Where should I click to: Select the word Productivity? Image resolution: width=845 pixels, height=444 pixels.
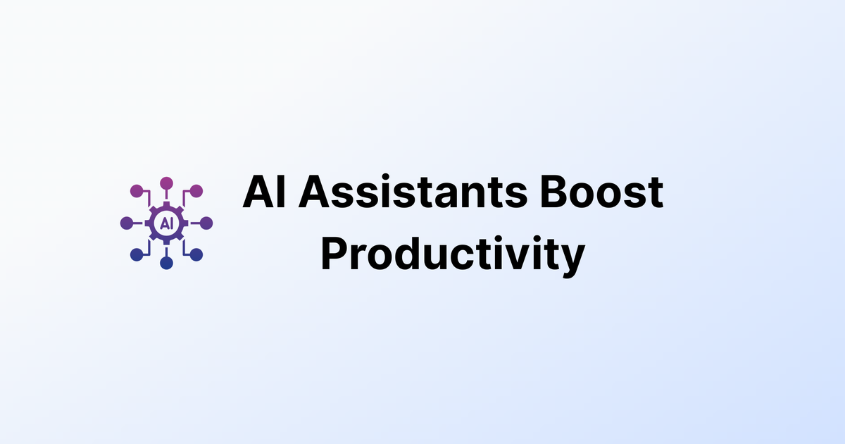click(x=452, y=254)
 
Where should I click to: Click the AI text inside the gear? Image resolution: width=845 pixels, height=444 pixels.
click(x=167, y=223)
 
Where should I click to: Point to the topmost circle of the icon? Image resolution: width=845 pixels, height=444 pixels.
click(x=167, y=183)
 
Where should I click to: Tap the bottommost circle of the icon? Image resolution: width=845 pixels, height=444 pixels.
click(x=167, y=264)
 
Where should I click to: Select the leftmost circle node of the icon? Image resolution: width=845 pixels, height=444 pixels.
click(x=127, y=223)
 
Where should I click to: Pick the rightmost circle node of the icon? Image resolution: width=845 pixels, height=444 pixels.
click(x=207, y=223)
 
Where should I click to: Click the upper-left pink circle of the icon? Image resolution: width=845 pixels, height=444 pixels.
click(x=137, y=190)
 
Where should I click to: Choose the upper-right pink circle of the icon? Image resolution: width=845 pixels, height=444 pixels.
click(x=196, y=190)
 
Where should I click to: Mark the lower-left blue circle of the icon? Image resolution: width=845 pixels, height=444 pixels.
click(x=137, y=255)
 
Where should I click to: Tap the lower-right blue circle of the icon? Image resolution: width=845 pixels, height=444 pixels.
click(x=196, y=254)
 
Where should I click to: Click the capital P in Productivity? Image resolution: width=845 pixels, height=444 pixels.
click(x=335, y=254)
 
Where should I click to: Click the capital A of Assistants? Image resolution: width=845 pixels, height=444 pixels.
click(x=315, y=192)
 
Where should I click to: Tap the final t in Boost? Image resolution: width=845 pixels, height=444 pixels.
click(x=655, y=194)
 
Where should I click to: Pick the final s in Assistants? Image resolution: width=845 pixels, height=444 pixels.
click(x=518, y=196)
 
